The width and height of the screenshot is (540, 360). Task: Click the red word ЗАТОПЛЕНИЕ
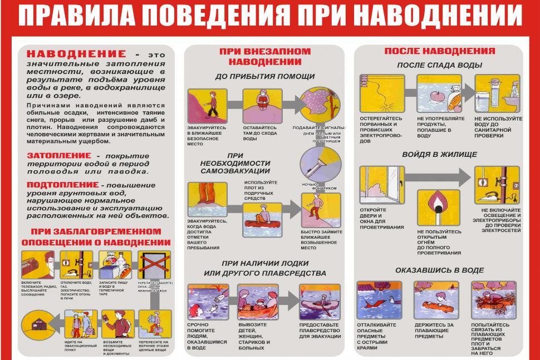click(x=58, y=155)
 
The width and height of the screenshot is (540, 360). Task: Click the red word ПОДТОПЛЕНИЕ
click(x=62, y=184)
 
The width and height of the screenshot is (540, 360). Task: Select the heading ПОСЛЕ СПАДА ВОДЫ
click(x=439, y=65)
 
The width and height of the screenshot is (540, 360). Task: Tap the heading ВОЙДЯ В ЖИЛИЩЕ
click(x=439, y=154)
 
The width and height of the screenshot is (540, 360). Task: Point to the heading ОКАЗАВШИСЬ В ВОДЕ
click(x=439, y=270)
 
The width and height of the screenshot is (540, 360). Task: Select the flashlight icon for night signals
click(x=320, y=165)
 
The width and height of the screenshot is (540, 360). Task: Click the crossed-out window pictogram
click(x=154, y=266)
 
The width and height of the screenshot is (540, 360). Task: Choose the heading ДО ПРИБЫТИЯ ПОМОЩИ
click(x=264, y=76)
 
